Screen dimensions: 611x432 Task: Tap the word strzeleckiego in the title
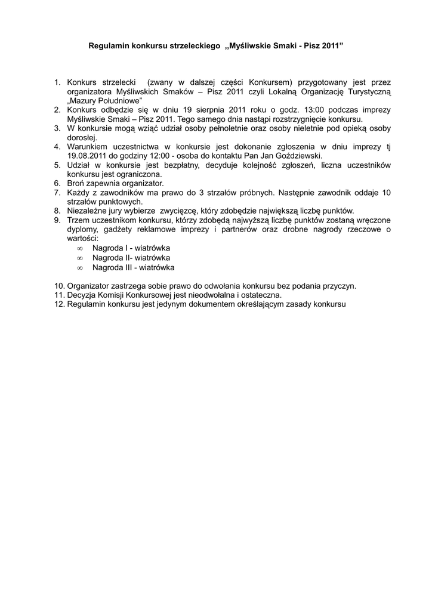(195, 45)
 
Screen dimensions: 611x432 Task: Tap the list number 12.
(60, 304)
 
